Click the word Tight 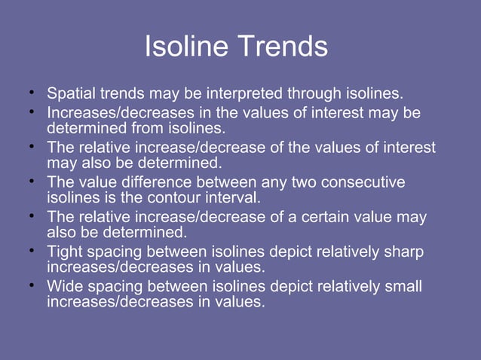(65, 252)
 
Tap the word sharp (404, 252)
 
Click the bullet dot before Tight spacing (32, 251)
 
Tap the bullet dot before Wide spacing (32, 285)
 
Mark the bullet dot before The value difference (32, 182)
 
